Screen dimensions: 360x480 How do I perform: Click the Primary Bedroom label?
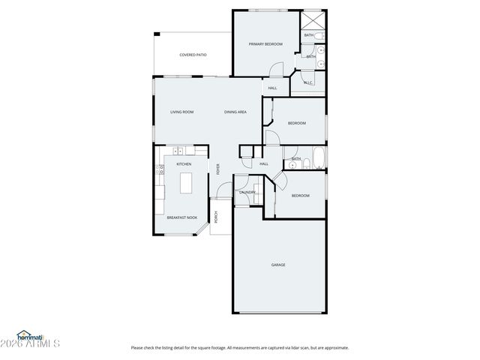point(265,44)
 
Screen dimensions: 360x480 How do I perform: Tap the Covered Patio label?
point(193,55)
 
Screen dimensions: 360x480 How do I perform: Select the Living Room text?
point(181,112)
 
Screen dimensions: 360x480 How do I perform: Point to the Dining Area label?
point(235,112)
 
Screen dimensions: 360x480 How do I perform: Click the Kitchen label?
point(184,163)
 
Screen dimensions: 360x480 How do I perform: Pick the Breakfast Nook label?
point(182,217)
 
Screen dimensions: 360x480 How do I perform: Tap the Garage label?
point(278,265)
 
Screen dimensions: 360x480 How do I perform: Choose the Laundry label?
point(247,193)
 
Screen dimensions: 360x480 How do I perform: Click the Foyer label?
point(218,169)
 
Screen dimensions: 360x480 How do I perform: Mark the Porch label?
point(217,217)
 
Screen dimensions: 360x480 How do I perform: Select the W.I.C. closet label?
point(308,82)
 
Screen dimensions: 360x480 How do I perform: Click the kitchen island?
point(186,182)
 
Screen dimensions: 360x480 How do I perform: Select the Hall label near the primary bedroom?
point(272,88)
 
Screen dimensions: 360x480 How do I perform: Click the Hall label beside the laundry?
point(264,164)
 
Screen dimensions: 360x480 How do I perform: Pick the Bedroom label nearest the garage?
point(300,196)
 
